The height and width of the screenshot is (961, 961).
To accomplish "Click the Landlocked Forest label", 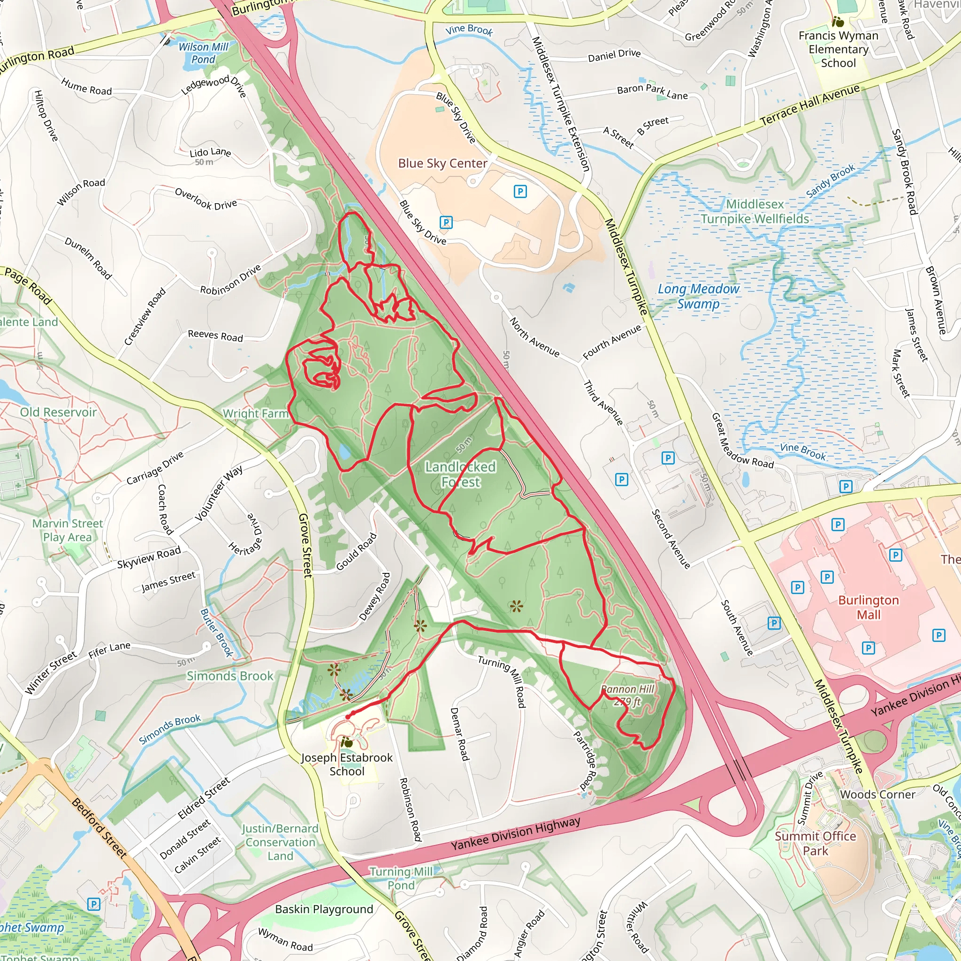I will click(460, 474).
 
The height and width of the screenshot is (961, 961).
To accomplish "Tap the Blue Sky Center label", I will click(442, 164).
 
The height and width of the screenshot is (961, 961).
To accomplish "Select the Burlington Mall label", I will click(868, 607).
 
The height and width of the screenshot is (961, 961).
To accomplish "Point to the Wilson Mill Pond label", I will click(204, 53).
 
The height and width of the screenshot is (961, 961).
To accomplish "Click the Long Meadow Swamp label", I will click(698, 297).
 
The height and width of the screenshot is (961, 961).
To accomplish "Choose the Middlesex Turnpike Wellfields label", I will click(755, 212).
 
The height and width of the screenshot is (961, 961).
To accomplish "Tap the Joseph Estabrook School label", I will click(347, 764).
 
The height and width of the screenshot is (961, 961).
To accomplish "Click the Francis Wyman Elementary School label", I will click(838, 49).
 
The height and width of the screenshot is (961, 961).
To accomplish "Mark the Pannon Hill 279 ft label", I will click(627, 695).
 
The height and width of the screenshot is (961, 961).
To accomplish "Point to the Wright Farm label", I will click(255, 413).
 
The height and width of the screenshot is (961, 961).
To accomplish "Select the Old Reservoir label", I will click(58, 412).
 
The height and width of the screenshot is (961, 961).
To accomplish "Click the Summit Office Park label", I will click(815, 844).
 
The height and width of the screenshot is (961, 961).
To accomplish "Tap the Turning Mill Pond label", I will click(401, 878).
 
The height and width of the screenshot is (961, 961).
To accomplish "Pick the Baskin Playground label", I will click(324, 909).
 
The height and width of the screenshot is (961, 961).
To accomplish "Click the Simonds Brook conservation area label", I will click(230, 676).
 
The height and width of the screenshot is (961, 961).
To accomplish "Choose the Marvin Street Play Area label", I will click(67, 530).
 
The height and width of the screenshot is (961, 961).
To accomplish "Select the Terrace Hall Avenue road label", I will click(810, 105).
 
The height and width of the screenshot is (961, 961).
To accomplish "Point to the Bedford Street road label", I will click(99, 828).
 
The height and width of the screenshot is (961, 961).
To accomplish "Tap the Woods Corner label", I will click(877, 794).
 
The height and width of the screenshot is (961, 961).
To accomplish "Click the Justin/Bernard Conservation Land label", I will click(280, 842).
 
